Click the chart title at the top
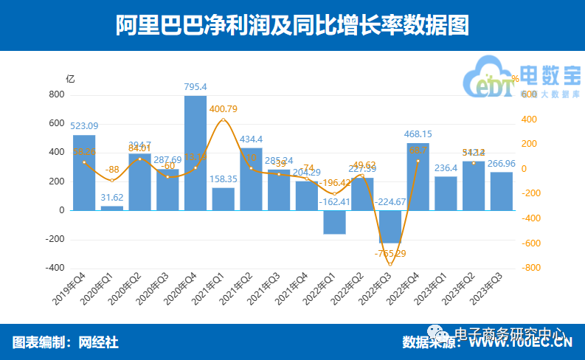coord(292,25)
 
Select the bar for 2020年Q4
coord(195,153)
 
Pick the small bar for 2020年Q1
coord(112,208)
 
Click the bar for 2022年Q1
coord(334,222)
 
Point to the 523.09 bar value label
coord(84,125)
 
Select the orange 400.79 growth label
coord(224,109)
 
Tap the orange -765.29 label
coord(391,254)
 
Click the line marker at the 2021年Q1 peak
coord(224,120)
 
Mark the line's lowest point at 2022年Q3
coord(390,263)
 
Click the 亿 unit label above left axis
coord(70,78)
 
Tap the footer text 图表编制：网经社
coord(65,342)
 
